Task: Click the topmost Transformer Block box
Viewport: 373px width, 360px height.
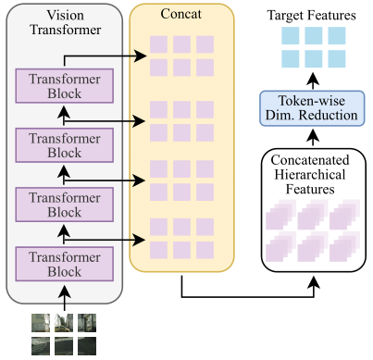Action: pos(64,85)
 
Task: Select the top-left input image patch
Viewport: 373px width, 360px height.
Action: pos(40,322)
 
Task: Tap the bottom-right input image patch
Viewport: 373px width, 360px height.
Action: pos(87,345)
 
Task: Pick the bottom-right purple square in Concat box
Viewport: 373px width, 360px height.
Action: pos(204,250)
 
